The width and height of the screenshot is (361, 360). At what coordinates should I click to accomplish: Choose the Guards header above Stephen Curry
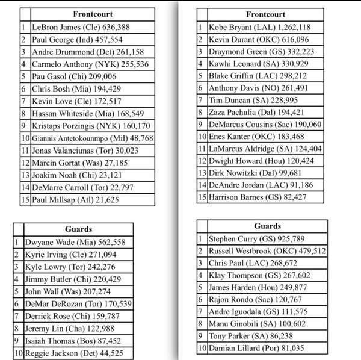267,226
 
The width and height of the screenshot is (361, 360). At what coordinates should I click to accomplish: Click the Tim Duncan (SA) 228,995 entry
252,99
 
